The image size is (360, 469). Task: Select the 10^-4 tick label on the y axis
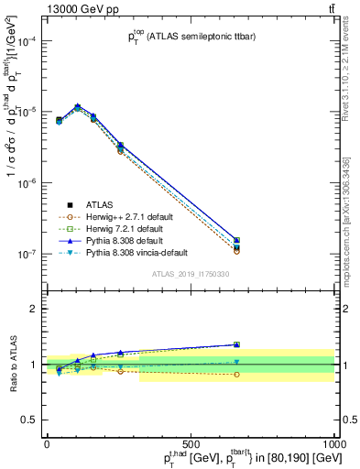(x=26, y=41)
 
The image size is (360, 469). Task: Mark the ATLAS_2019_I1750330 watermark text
(x=190, y=273)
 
